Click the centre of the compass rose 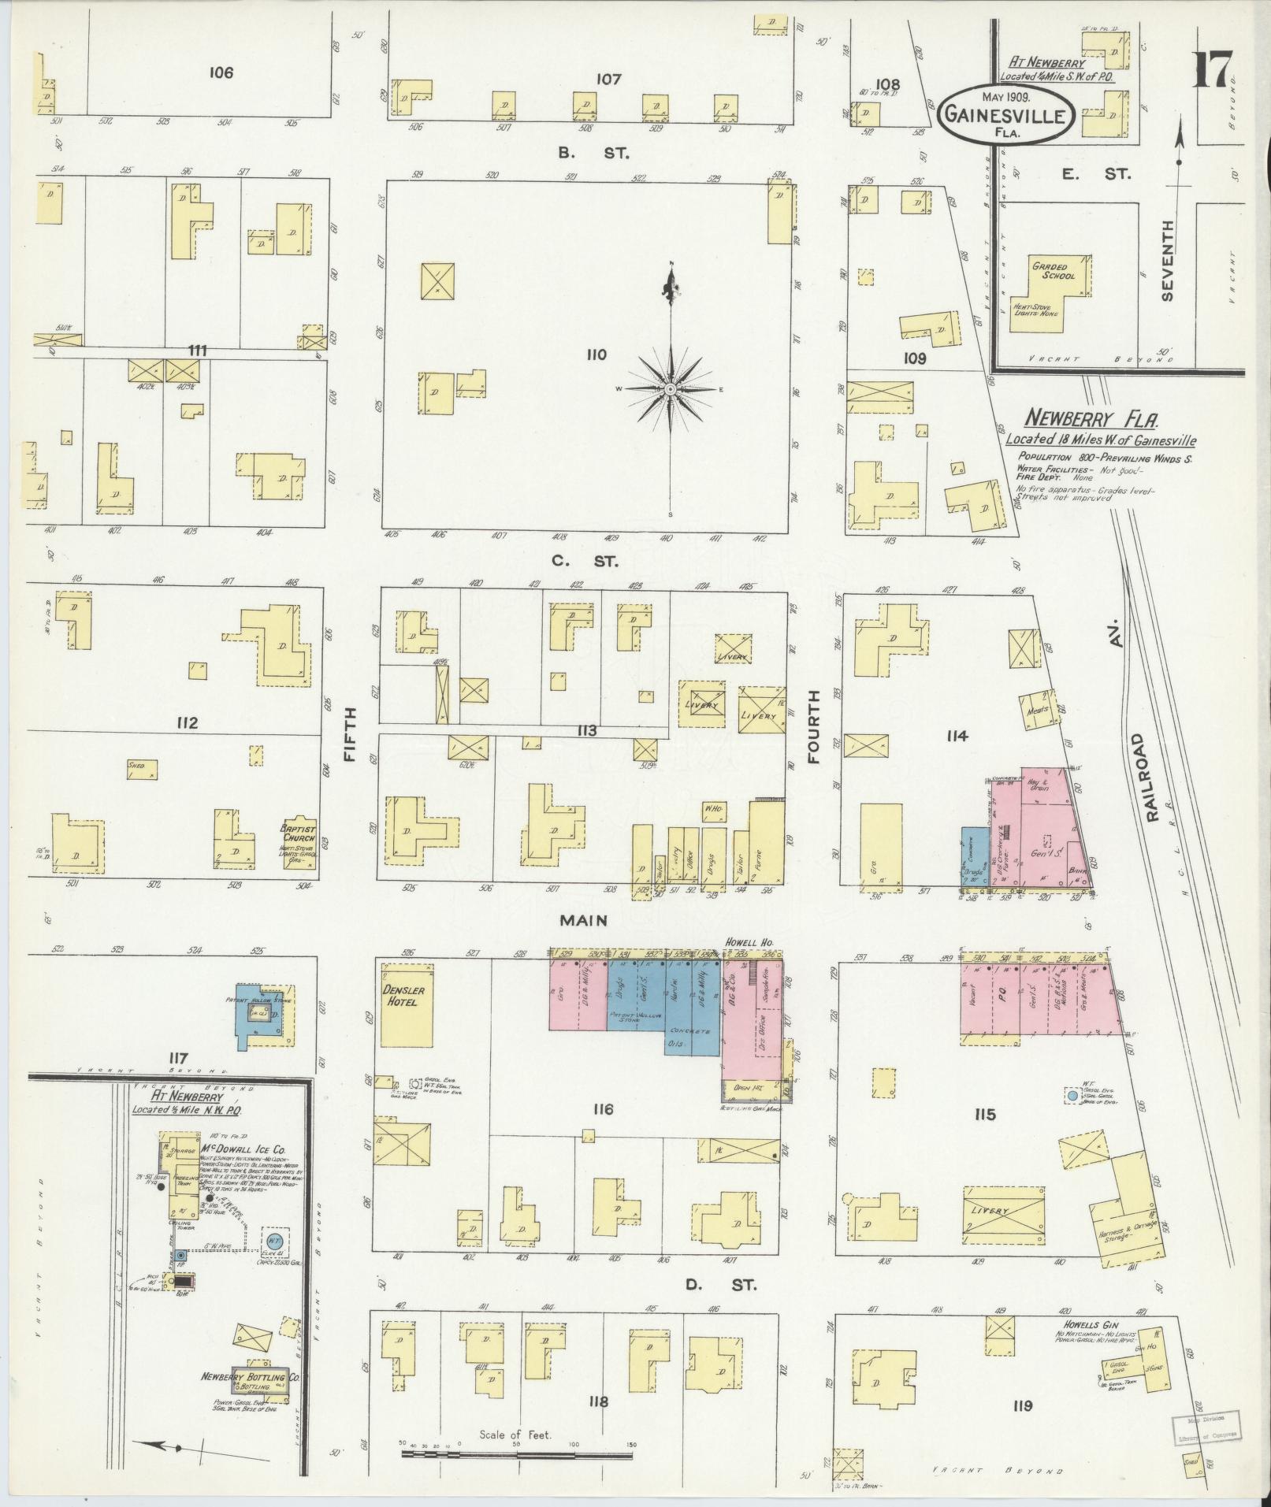point(670,389)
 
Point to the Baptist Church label point(299,833)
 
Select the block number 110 point(596,354)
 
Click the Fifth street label point(351,733)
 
